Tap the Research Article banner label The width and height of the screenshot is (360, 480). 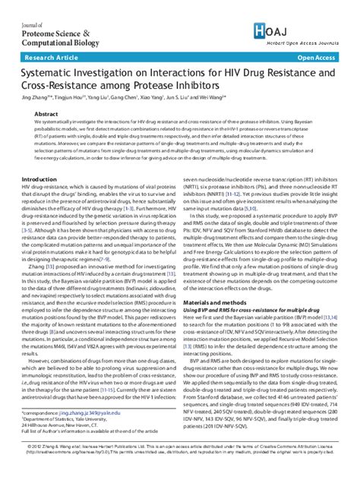point(52,58)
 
